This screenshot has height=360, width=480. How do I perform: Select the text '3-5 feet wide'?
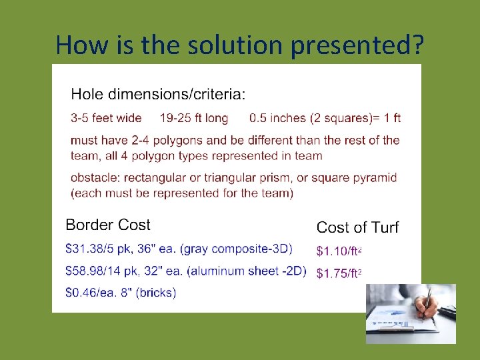pyautogui.click(x=106, y=118)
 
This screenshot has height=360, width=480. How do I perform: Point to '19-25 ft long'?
pyautogui.click(x=194, y=118)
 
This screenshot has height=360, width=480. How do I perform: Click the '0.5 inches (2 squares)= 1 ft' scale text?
pyautogui.click(x=325, y=118)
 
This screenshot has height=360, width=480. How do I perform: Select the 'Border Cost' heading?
pyautogui.click(x=108, y=225)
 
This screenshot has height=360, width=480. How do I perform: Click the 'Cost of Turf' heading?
pyautogui.click(x=357, y=228)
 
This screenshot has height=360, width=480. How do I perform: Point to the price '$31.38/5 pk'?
pyautogui.click(x=97, y=249)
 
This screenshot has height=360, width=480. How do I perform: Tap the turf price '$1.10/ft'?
pyautogui.click(x=338, y=251)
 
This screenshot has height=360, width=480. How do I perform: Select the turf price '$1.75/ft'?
pyautogui.click(x=338, y=273)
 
